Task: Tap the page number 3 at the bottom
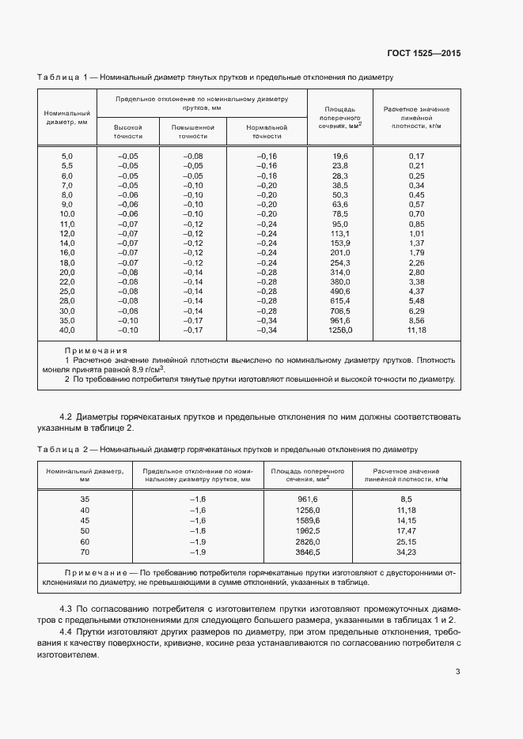(458, 672)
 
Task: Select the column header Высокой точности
(128, 131)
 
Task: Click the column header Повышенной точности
(193, 131)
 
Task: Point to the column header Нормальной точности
(267, 131)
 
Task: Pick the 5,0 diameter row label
(67, 156)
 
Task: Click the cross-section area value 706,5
(340, 311)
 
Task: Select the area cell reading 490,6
(340, 292)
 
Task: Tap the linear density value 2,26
(416, 262)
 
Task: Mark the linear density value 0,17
(416, 156)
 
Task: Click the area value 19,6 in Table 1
(340, 156)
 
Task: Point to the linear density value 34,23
(407, 552)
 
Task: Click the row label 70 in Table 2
(85, 552)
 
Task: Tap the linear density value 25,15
(407, 541)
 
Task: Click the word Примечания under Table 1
(96, 350)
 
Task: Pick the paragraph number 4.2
(68, 417)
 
